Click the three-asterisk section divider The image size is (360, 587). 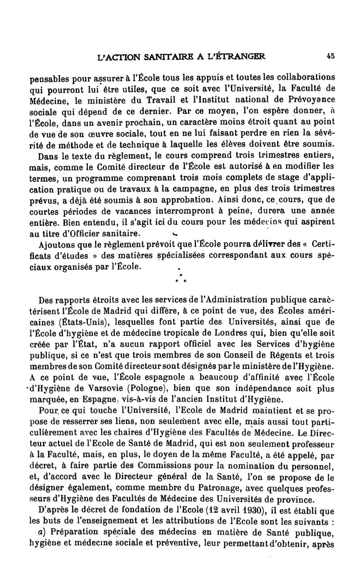(x=180, y=277)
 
